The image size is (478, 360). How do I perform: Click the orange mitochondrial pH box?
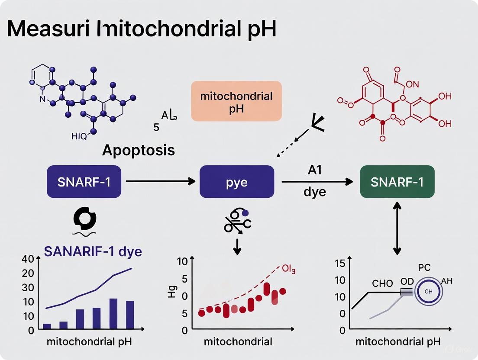236,101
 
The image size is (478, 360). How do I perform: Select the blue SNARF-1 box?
84,182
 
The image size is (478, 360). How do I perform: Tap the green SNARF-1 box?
397,182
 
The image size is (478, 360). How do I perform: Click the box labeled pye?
236,182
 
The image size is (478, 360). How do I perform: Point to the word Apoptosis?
139,150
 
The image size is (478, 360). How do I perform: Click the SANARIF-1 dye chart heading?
93,251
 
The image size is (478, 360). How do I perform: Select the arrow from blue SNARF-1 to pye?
160,182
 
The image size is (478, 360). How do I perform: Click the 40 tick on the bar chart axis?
28,260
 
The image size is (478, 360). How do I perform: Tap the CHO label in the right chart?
382,284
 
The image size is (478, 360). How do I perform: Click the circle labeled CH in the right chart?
428,292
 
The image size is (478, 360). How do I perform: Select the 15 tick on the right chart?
340,263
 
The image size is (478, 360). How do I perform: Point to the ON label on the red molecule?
412,85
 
